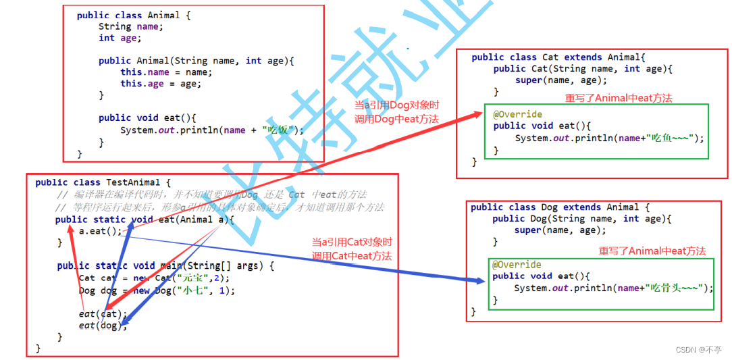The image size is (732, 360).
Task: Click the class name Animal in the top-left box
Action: (163, 15)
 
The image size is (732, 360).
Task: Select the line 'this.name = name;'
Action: (166, 72)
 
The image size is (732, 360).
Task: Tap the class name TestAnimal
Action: (134, 182)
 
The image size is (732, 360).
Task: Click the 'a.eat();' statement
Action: (101, 230)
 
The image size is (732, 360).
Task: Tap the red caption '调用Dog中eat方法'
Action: (396, 119)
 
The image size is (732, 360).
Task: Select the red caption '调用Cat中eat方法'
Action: (351, 256)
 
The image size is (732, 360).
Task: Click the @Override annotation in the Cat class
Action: (517, 114)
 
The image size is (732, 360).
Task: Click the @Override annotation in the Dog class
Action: (517, 265)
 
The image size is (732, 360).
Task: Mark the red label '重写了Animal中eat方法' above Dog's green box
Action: (652, 251)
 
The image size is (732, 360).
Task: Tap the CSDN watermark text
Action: (700, 350)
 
